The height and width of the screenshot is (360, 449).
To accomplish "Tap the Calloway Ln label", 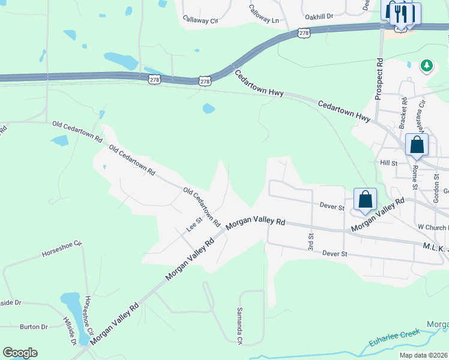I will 265,15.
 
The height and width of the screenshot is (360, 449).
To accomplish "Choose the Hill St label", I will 389,163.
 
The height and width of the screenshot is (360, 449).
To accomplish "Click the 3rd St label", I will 311,242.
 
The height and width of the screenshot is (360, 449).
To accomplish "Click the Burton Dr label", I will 34,327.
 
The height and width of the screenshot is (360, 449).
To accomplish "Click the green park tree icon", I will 427,65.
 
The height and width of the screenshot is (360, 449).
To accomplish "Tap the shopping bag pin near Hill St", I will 417,145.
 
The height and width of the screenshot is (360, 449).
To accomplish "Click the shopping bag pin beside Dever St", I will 365,199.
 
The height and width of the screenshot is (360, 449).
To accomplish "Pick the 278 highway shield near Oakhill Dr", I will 304,33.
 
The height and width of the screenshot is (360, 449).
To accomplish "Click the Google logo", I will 20,353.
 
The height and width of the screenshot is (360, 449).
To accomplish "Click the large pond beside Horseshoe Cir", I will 70,306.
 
